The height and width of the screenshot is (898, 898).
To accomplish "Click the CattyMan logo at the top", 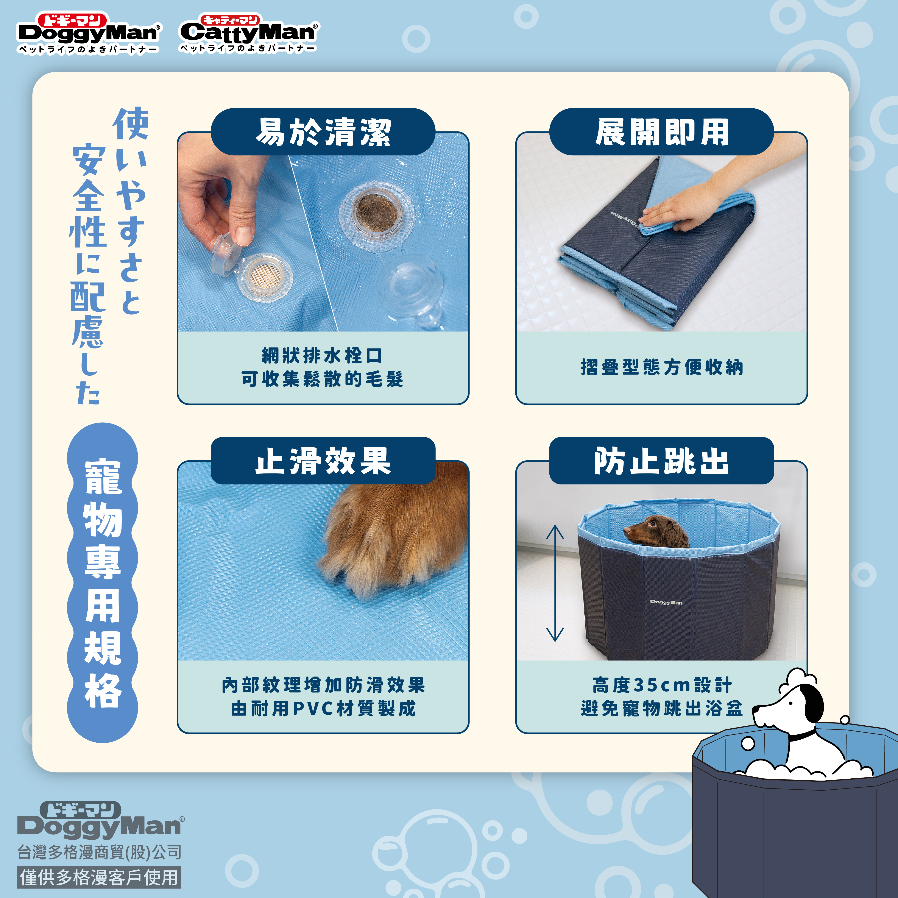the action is coord(249,33).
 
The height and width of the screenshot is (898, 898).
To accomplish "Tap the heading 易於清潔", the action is coord(323,132).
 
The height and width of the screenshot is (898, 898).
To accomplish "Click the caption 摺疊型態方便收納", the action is coord(662,367).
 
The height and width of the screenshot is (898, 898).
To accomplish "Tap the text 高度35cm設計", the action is coord(662,685).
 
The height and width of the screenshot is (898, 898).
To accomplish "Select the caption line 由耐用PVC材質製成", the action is coord(323,708).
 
